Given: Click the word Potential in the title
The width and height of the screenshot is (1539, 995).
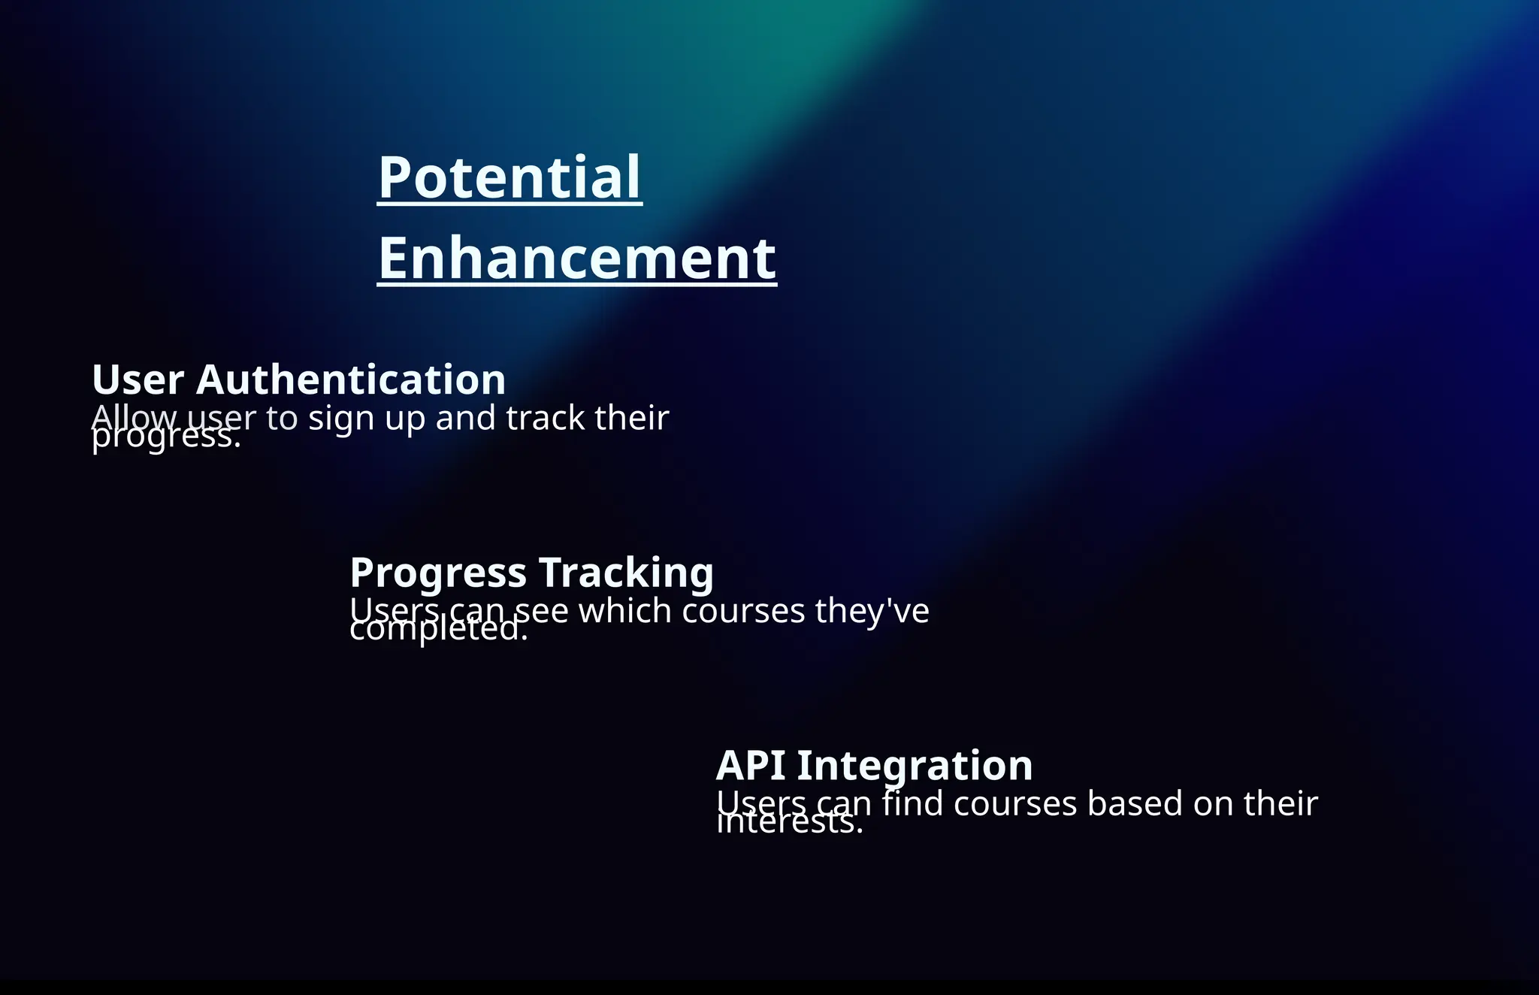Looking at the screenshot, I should point(509,177).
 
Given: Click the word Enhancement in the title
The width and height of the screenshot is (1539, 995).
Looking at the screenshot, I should point(576,259).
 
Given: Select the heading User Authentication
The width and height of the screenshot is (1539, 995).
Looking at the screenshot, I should point(298,380).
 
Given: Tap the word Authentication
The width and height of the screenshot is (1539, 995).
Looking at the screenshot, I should point(350,380).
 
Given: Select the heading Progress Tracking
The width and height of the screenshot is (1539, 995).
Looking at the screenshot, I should point(531,573).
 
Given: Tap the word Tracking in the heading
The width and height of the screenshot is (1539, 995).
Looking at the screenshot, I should point(626,573).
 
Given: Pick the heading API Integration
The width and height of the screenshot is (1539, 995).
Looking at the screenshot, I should point(874,766).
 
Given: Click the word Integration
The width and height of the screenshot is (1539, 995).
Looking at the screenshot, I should point(915,766).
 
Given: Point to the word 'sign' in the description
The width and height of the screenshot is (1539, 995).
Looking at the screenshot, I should point(340,419).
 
